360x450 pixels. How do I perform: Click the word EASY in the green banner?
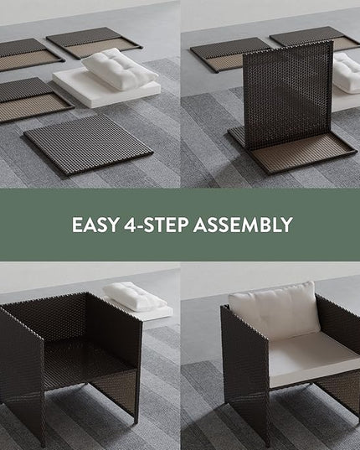[95, 225]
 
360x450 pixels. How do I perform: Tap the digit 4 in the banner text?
[130, 225]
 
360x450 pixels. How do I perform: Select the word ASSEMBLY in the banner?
[243, 225]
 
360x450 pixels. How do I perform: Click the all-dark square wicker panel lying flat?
[88, 144]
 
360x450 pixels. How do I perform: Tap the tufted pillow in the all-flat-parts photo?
[120, 69]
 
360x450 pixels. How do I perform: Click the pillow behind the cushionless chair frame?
[135, 297]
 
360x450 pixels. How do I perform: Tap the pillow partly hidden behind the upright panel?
[347, 73]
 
